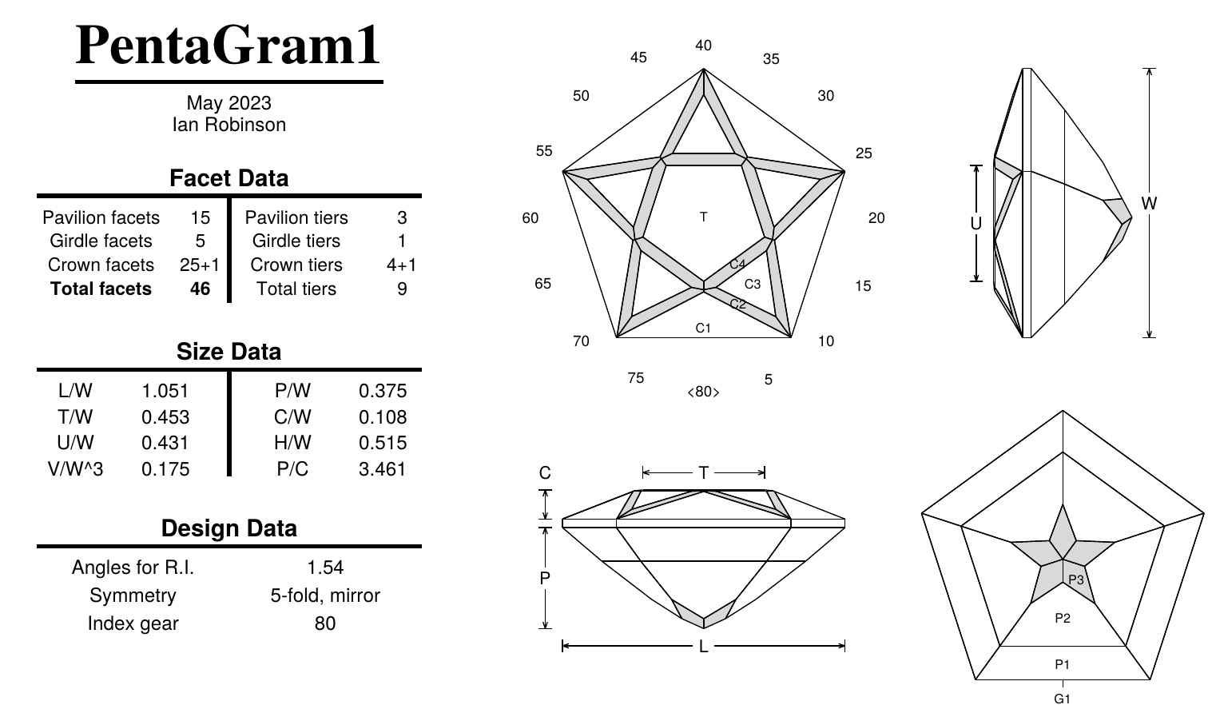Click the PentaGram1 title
point(228,46)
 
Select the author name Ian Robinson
point(228,125)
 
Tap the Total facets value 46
point(200,289)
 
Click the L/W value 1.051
point(165,391)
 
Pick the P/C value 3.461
point(383,469)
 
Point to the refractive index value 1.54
point(325,568)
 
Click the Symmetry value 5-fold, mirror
point(325,595)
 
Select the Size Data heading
point(228,352)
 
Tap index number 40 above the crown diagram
point(703,46)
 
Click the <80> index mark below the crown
point(703,392)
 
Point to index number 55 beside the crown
point(544,151)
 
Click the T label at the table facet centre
point(703,217)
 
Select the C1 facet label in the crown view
point(703,328)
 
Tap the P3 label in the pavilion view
point(1076,580)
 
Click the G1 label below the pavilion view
point(1062,699)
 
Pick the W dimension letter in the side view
point(1149,203)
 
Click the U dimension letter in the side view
point(976,224)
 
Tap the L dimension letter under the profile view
point(703,647)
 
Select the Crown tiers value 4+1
point(401,265)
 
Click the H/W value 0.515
point(383,443)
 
